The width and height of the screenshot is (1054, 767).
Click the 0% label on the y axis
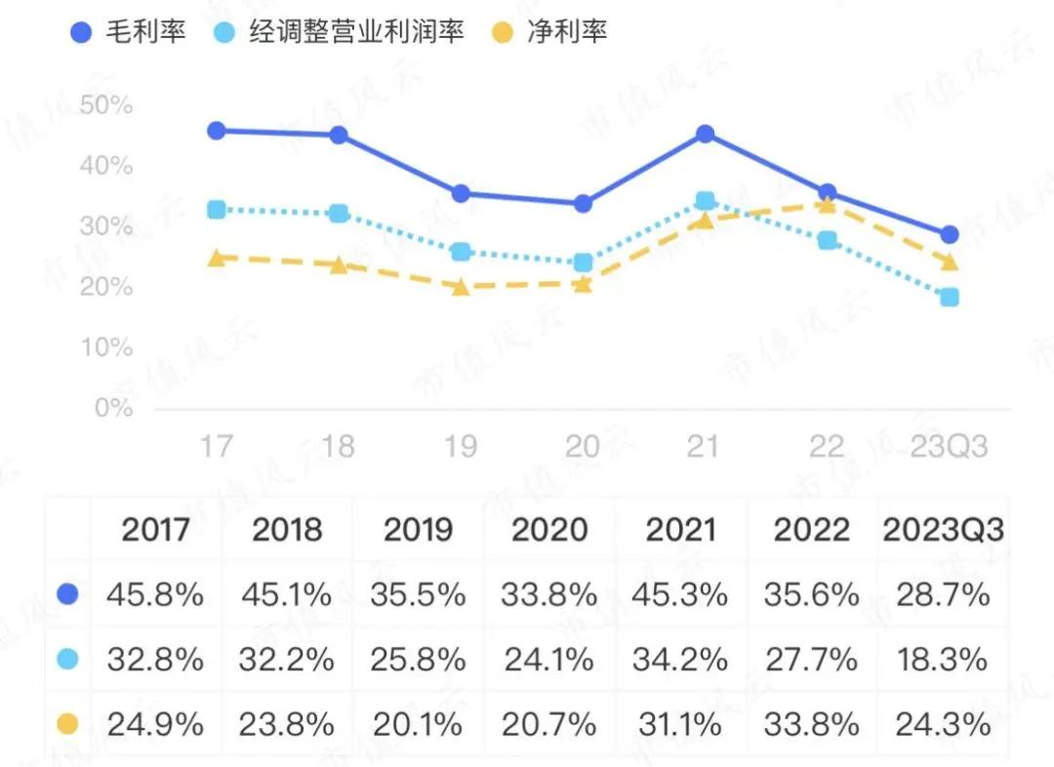(x=113, y=408)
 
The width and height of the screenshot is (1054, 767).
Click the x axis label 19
(x=461, y=447)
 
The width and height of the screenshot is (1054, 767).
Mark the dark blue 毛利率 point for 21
(x=705, y=134)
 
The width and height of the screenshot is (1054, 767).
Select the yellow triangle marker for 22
(x=827, y=204)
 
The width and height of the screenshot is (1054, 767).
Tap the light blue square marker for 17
(x=217, y=210)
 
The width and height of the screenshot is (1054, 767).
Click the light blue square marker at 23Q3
(x=949, y=297)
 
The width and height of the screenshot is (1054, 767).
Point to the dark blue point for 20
(x=583, y=204)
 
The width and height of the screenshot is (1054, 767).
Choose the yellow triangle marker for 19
(x=461, y=287)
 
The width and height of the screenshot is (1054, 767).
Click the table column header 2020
(x=549, y=530)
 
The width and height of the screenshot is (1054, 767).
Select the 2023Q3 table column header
(x=943, y=530)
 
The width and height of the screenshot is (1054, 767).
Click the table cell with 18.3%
(x=943, y=660)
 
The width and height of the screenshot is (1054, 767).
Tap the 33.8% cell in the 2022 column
(x=812, y=724)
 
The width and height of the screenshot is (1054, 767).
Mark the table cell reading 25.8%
(x=419, y=660)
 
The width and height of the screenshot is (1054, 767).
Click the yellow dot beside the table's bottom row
(x=67, y=724)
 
